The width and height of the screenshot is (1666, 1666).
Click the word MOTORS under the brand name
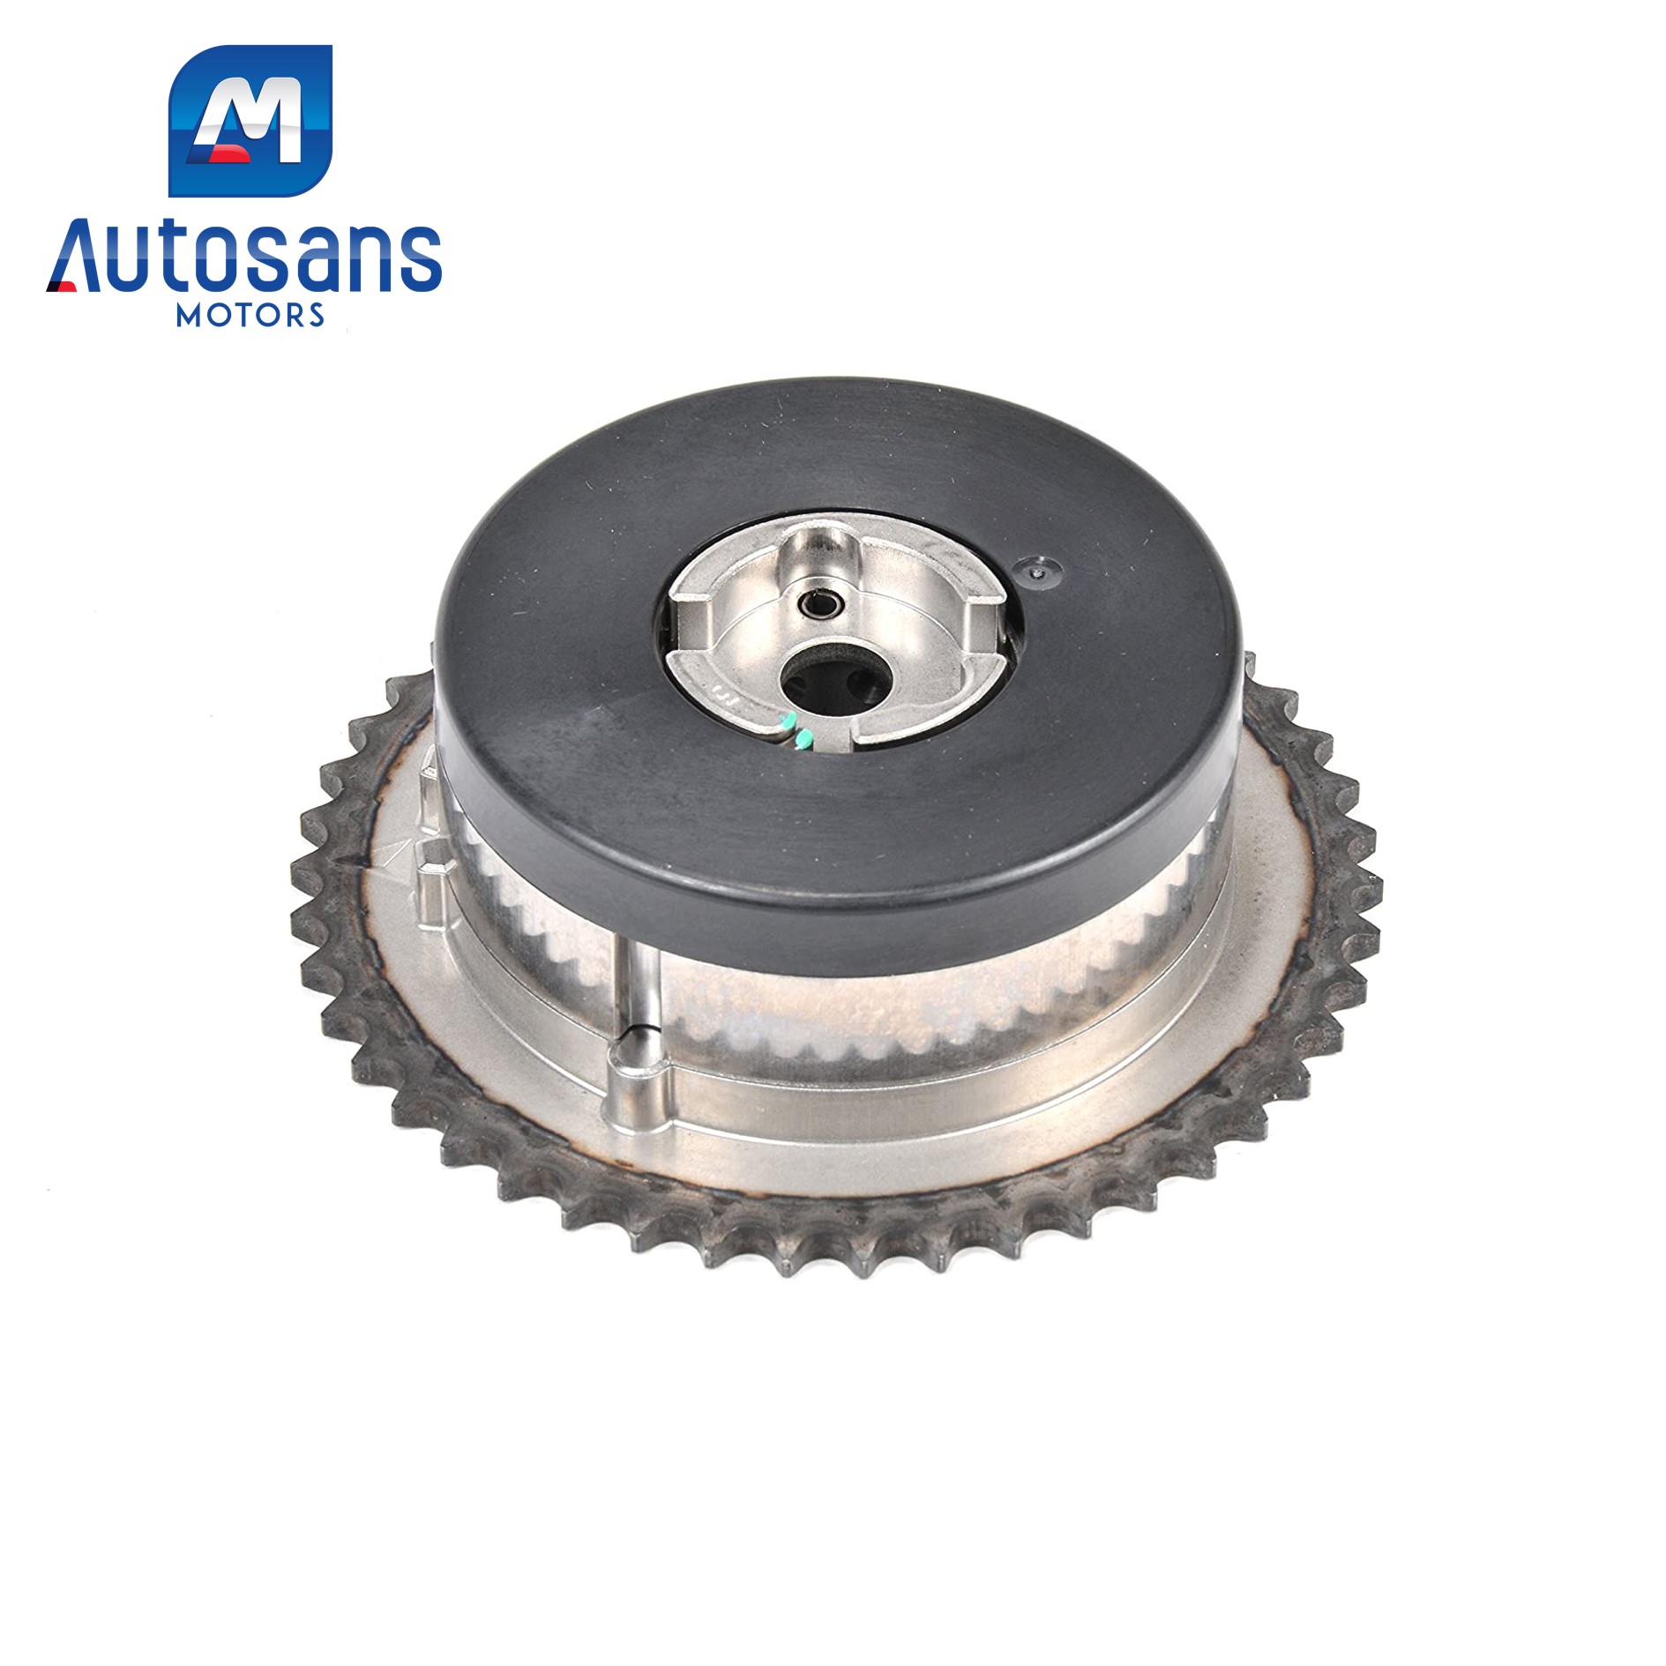[250, 316]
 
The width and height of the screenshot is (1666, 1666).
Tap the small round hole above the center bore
[811, 605]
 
